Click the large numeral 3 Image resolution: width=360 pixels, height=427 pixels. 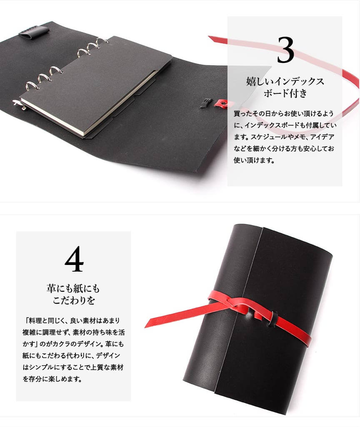[x=285, y=50]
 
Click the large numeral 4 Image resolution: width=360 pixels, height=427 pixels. [x=74, y=259]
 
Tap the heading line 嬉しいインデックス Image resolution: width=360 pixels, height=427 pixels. [x=285, y=81]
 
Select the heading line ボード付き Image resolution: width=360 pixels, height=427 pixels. [x=285, y=93]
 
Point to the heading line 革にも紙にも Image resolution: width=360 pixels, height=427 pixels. [x=73, y=288]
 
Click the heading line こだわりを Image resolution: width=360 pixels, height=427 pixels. [x=73, y=300]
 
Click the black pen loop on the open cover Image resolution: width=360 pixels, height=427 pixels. [x=34, y=31]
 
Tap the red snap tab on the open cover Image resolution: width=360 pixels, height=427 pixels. [x=224, y=103]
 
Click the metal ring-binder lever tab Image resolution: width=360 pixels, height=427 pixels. [x=20, y=105]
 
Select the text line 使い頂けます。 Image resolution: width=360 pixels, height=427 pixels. [x=254, y=160]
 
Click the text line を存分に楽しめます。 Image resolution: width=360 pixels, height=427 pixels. [x=52, y=379]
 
